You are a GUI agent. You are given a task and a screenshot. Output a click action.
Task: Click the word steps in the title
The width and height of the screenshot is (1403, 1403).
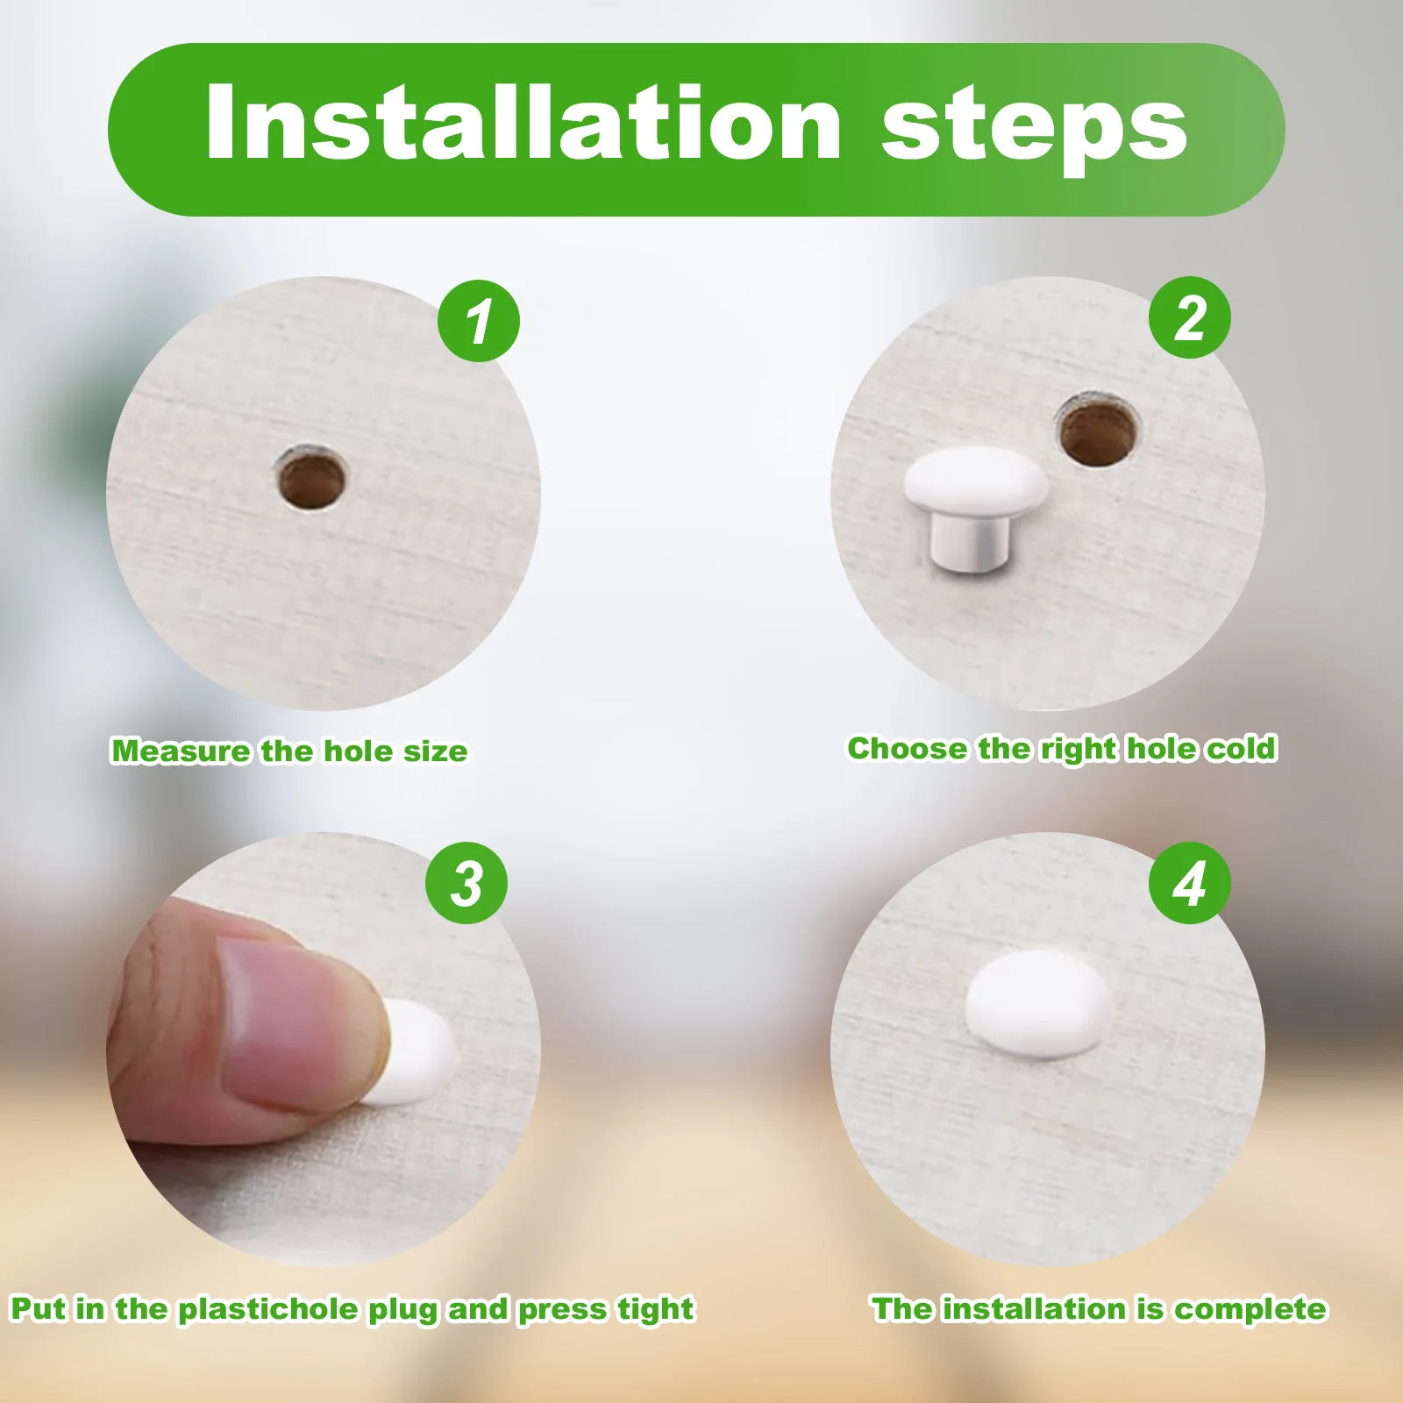click(1034, 127)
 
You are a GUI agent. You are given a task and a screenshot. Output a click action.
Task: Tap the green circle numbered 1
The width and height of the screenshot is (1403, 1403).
click(479, 321)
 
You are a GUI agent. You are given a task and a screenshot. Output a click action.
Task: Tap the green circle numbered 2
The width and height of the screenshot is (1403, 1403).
click(1189, 317)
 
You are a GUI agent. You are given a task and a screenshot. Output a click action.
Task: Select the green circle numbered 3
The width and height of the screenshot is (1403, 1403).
click(466, 883)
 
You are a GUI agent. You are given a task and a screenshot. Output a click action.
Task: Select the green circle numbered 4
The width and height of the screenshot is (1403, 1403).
click(1189, 883)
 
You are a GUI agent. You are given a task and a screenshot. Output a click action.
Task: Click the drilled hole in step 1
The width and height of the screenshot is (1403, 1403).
click(311, 479)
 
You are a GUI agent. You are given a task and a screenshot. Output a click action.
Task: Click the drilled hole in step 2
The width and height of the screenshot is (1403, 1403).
click(1096, 431)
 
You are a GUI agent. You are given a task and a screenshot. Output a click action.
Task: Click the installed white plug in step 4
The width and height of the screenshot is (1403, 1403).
click(1037, 1005)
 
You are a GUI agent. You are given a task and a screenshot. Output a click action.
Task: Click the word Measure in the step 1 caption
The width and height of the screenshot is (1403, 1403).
click(181, 751)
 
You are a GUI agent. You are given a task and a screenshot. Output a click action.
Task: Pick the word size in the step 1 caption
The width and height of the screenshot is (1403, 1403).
click(435, 751)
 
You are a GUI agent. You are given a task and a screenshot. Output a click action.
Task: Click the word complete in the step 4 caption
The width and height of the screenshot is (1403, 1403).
click(1250, 1309)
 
